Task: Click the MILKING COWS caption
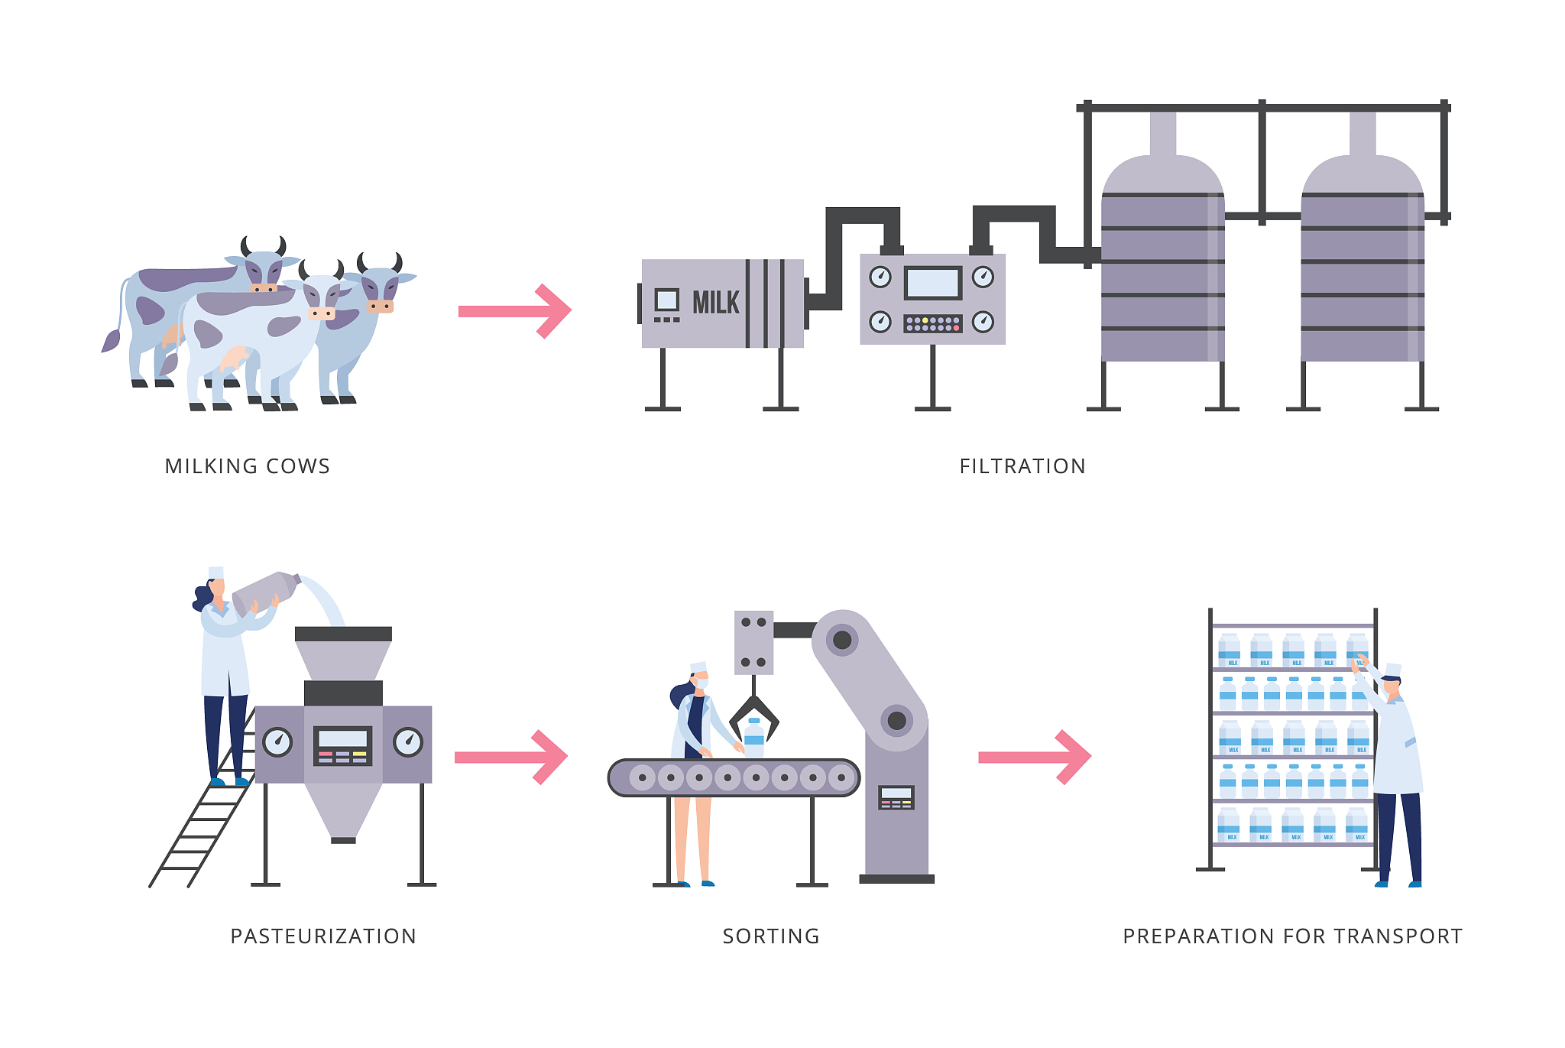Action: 248,466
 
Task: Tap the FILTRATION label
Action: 1022,466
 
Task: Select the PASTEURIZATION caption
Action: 323,936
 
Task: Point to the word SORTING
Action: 771,936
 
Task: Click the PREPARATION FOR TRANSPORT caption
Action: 1292,936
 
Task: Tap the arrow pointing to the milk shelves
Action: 1035,757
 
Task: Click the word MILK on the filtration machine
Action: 715,303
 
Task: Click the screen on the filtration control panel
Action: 932,283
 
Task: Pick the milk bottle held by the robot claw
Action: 754,738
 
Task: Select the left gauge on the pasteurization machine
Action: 277,741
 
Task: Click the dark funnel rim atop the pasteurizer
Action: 343,634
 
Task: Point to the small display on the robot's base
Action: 896,797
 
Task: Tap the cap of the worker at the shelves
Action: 1393,670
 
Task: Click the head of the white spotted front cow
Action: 321,298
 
